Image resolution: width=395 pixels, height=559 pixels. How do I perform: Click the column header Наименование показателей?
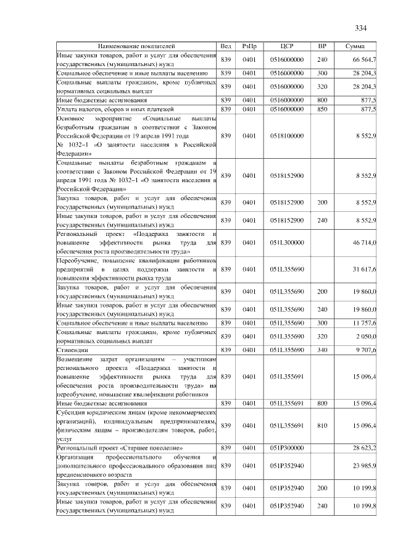click(136, 46)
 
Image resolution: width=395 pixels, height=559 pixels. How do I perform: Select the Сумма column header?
click(355, 46)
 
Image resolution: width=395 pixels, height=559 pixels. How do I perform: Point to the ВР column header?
click(322, 46)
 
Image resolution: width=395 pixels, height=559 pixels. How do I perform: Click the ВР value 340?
click(322, 350)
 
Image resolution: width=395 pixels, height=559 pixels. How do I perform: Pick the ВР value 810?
click(322, 426)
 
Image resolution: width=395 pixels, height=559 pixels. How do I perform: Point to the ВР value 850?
click(322, 109)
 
